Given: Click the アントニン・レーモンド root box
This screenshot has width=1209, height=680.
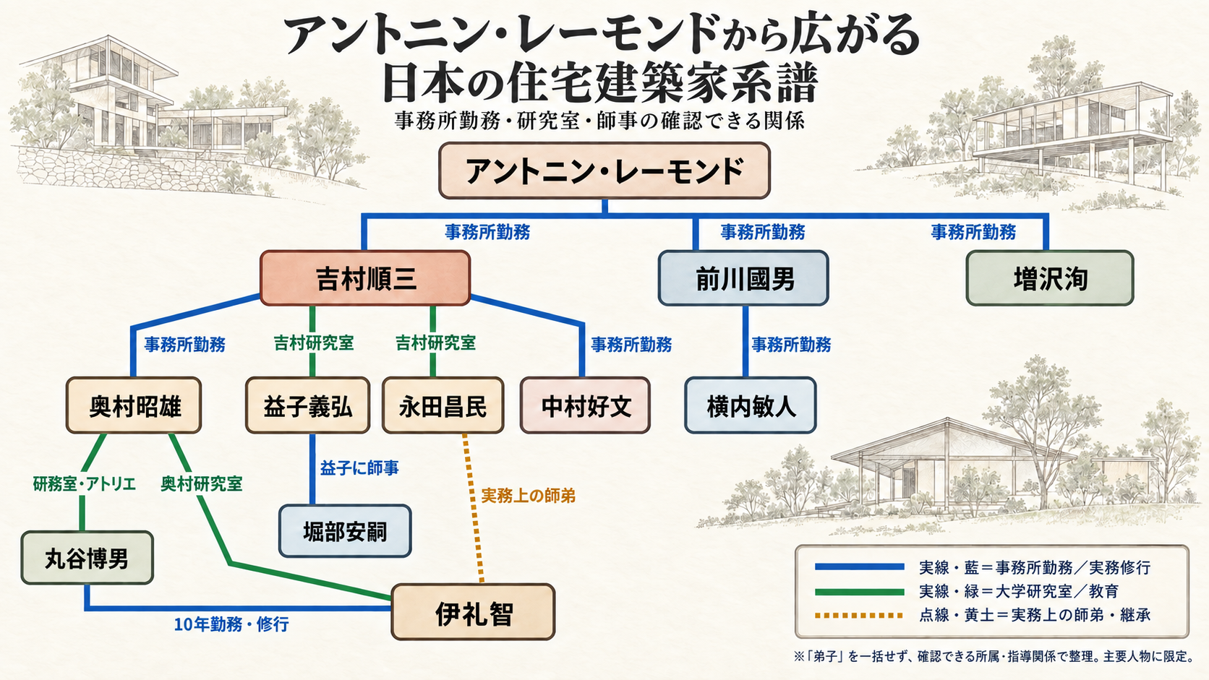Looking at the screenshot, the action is point(604,171).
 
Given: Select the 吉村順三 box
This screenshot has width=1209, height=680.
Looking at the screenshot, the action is point(365,278).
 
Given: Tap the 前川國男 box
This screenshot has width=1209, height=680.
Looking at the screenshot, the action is point(743,278).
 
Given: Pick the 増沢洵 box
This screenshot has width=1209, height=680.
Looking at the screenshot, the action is point(1050,278).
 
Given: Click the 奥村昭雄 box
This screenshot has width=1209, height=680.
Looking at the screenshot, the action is point(134,405).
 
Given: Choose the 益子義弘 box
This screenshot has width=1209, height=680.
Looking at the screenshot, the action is point(307,405).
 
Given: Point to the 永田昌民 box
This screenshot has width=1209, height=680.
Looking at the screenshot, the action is point(443,405).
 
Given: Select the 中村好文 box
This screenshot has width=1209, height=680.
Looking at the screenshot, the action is point(585,405).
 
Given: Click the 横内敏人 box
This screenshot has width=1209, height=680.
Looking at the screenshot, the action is point(751,405).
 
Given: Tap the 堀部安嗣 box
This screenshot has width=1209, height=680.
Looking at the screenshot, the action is point(345,531).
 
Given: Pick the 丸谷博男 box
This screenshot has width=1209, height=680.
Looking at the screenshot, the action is point(87,558).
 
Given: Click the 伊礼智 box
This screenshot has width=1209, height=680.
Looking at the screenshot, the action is point(473,612).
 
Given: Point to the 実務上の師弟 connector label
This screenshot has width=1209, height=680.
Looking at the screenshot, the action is point(528,496).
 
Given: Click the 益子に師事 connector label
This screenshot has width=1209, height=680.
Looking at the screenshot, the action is point(359,468).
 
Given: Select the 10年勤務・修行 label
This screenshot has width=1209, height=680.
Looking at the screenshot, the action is point(231,624).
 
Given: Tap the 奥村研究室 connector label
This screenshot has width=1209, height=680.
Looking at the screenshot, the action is point(201,483).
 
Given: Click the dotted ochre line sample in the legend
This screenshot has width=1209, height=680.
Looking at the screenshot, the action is point(859,615).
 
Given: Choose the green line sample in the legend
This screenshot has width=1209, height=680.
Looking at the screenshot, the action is point(859,592).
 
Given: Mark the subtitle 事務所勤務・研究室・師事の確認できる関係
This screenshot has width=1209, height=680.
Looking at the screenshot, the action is point(599,120).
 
